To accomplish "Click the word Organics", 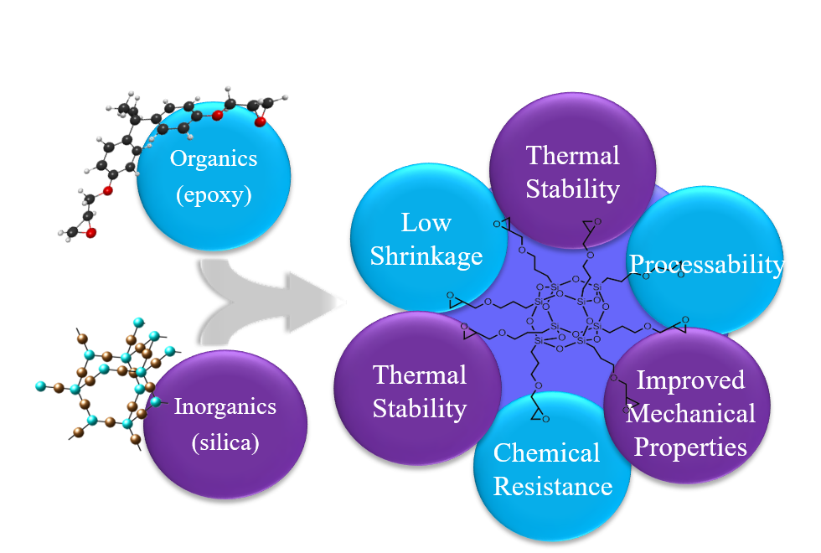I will point(214,158).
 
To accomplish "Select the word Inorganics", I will point(225,407).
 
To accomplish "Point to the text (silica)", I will point(225,442).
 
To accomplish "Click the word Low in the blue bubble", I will point(426,223).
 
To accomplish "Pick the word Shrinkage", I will point(426,256).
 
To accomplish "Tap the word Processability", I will point(707,265).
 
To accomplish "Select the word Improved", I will point(690,380).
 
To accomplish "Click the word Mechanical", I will point(690,413).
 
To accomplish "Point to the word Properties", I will point(690,447).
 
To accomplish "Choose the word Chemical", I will point(546,453).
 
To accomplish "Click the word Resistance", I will point(553,486).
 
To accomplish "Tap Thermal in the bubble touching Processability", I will point(573,155).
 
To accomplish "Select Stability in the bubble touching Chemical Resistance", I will point(419,409).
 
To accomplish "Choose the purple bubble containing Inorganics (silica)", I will point(225,469).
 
